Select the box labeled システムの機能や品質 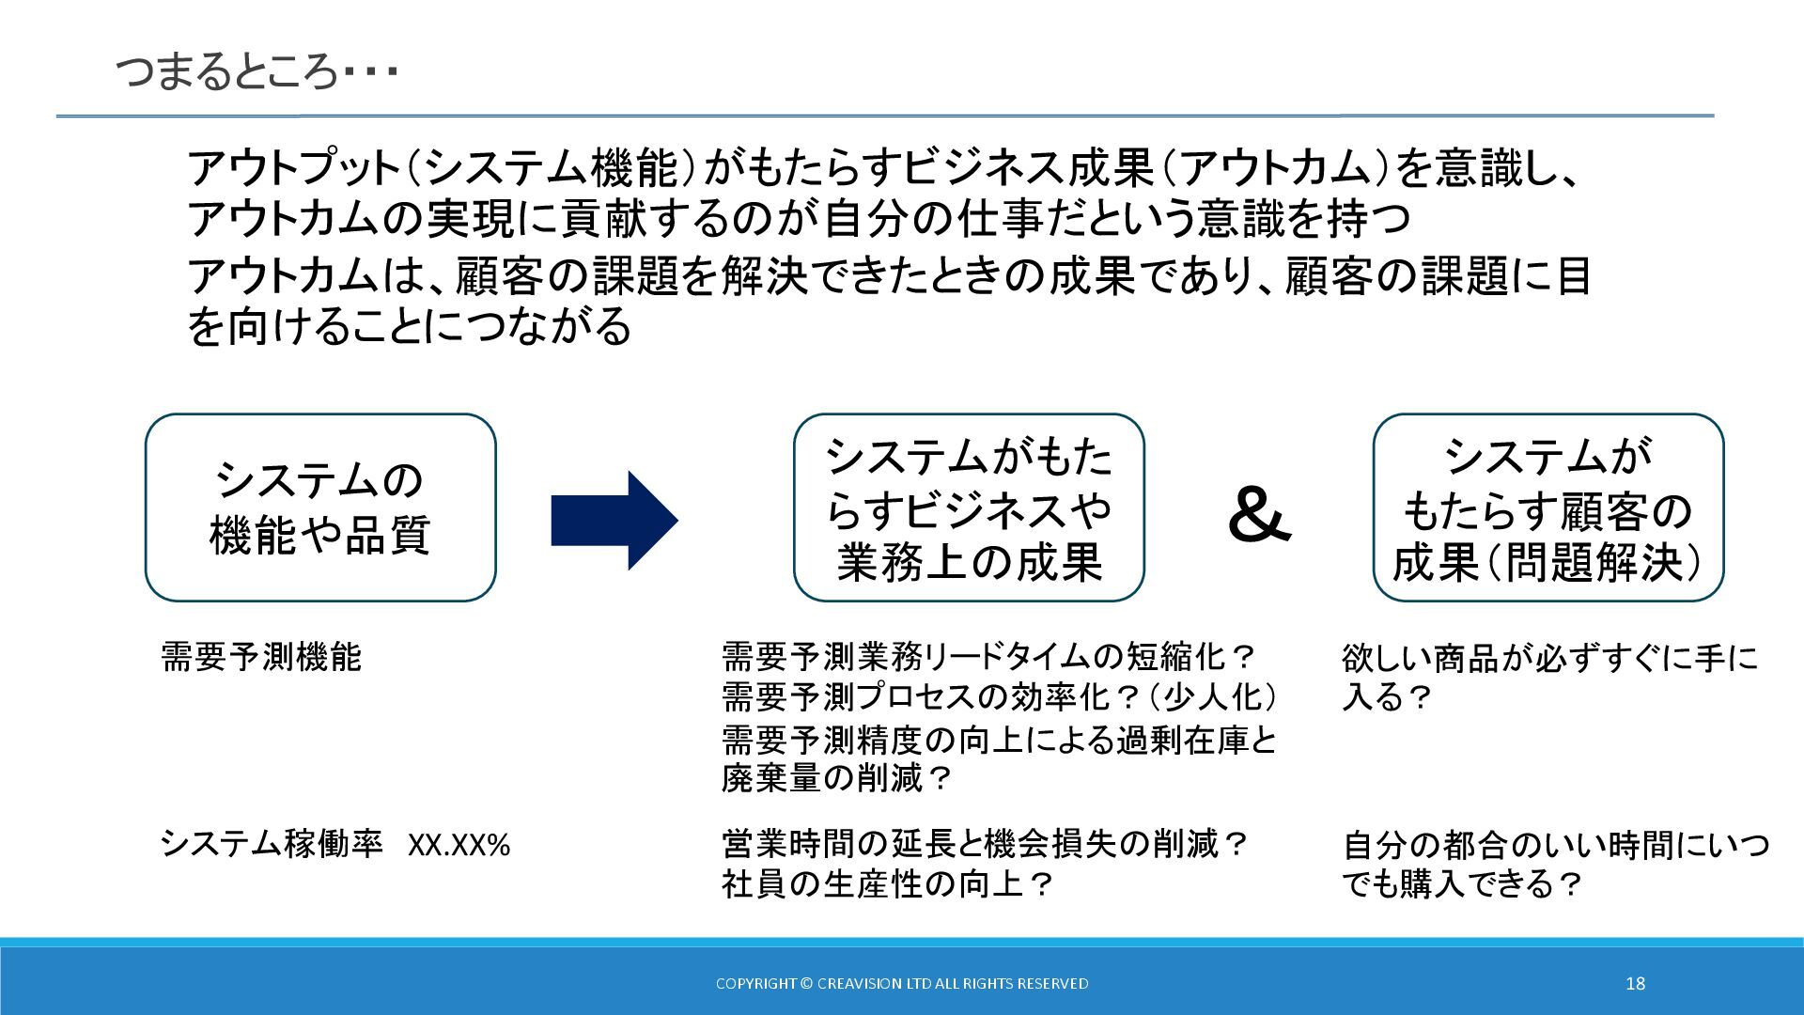point(320,507)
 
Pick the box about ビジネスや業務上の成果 point(969,507)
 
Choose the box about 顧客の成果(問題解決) point(1547,507)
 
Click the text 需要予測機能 point(261,657)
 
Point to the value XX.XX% point(459,846)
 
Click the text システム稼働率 point(272,844)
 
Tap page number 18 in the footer point(1635,983)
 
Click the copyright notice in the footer point(902,983)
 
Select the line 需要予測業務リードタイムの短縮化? point(989,656)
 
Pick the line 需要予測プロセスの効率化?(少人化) point(1000,696)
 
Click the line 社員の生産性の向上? point(888,884)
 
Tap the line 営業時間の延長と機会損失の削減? point(985,844)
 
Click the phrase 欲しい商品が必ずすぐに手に point(1549,658)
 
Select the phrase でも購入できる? point(1463,884)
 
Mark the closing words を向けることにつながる point(409,326)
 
